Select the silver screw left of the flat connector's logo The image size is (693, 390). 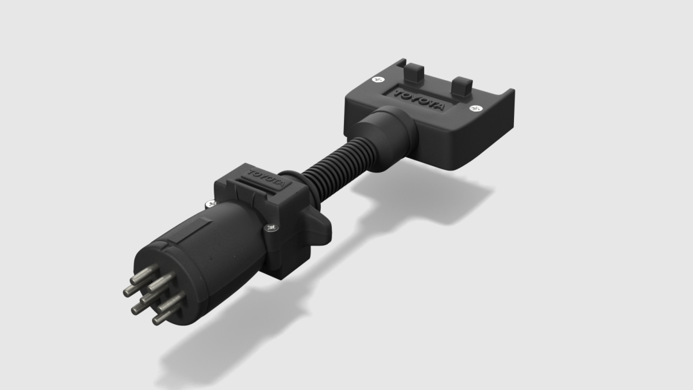point(377,80)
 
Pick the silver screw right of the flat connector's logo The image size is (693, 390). point(475,109)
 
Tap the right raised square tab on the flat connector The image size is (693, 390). point(462,85)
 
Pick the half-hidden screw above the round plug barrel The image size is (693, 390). point(209,205)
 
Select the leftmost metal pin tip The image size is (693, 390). point(127,292)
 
